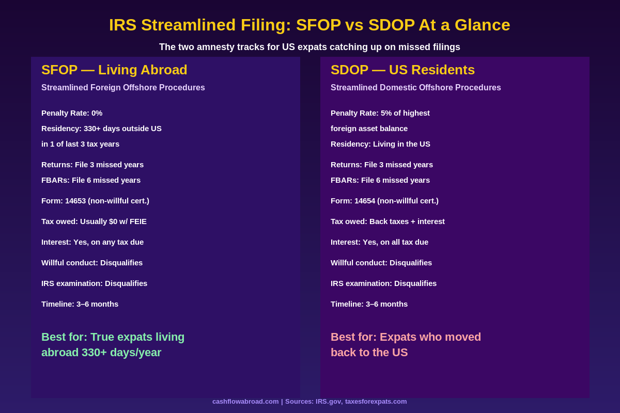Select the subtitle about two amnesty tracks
pyautogui.click(x=309, y=47)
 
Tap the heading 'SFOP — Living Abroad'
pyautogui.click(x=114, y=70)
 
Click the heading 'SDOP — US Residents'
pyautogui.click(x=402, y=70)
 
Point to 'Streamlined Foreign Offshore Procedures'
pyautogui.click(x=123, y=88)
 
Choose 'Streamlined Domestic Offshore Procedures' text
pyautogui.click(x=415, y=88)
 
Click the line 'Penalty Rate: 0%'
pyautogui.click(x=72, y=113)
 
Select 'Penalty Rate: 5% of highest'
pyautogui.click(x=380, y=113)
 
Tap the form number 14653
pyautogui.click(x=75, y=201)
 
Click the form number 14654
pyautogui.click(x=365, y=201)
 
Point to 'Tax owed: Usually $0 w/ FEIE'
pyautogui.click(x=94, y=221)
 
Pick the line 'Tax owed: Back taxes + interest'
pyautogui.click(x=388, y=221)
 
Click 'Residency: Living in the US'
pyautogui.click(x=380, y=144)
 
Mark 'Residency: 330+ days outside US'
pyautogui.click(x=101, y=129)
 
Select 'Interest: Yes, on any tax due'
pyautogui.click(x=92, y=242)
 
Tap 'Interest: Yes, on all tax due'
pyautogui.click(x=379, y=242)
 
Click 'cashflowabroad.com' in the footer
pyautogui.click(x=245, y=402)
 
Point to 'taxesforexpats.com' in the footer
pyautogui.click(x=376, y=402)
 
